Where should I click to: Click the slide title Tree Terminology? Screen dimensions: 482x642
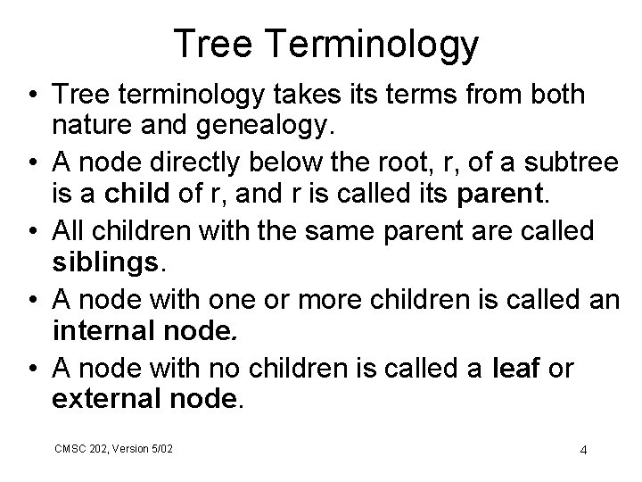point(326,42)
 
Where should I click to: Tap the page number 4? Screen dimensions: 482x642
point(582,449)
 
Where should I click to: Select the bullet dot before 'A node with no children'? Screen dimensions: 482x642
point(31,368)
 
